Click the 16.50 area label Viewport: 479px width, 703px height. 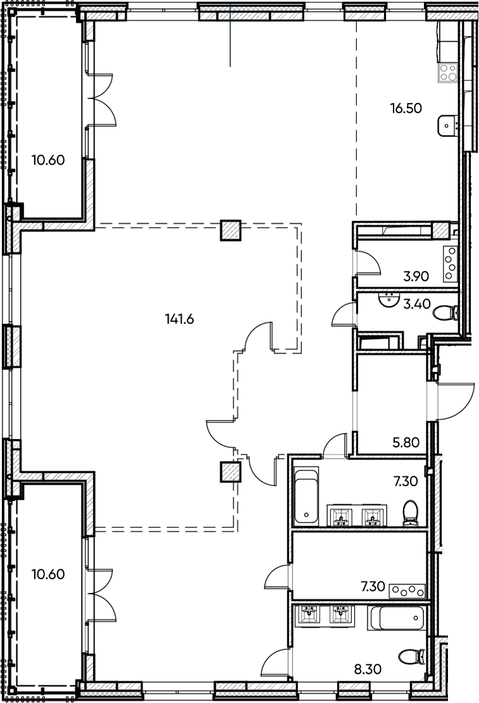pyautogui.click(x=405, y=108)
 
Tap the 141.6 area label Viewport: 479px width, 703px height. pyautogui.click(x=178, y=319)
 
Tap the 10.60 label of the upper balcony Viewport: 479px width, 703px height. pyautogui.click(x=48, y=160)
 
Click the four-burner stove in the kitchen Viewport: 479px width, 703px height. pyautogui.click(x=449, y=72)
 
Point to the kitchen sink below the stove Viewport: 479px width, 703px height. pyautogui.click(x=447, y=125)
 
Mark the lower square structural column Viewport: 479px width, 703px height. pyautogui.click(x=230, y=472)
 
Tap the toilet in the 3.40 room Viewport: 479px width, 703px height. pyautogui.click(x=448, y=312)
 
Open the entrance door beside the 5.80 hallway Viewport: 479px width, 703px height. pyautogui.click(x=454, y=400)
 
